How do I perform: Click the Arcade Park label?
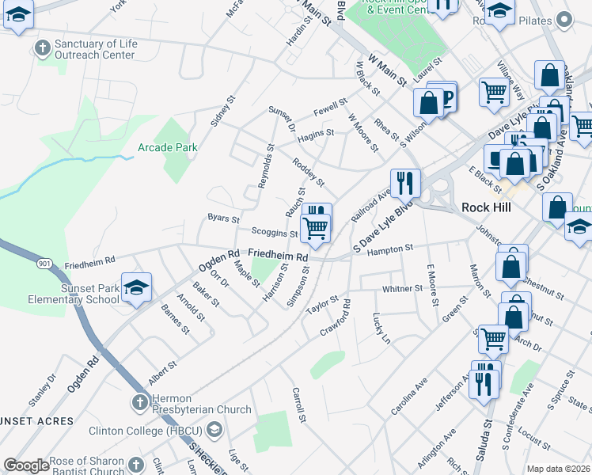coord(167,147)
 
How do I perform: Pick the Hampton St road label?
coord(390,249)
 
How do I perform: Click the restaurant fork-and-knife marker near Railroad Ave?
coord(404,183)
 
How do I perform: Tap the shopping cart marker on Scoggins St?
coord(316,228)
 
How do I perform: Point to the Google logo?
coord(27,465)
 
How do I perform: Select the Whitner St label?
coord(402,289)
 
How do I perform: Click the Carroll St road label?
coord(298,404)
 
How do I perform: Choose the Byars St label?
coord(223,217)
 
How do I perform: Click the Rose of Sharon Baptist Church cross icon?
coord(134,464)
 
